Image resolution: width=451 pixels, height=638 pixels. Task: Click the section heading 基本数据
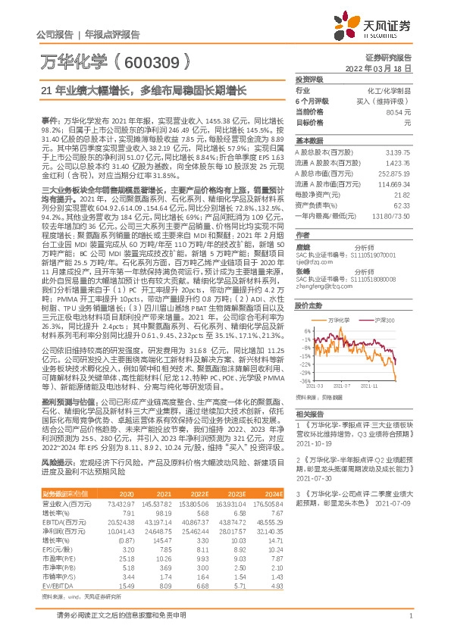coord(308,140)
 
